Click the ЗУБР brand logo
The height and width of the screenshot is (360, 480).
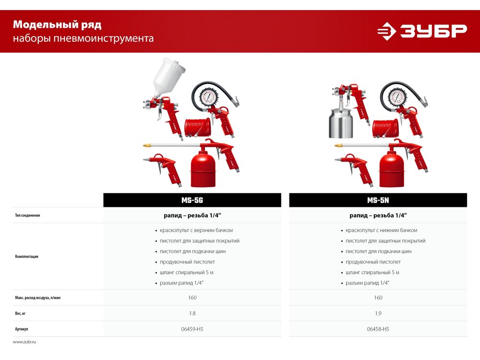[422, 31]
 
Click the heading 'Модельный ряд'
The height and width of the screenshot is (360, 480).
[57, 24]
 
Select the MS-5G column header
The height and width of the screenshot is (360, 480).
[192, 200]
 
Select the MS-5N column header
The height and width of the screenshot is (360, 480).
[378, 200]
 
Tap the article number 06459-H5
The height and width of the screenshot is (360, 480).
[192, 329]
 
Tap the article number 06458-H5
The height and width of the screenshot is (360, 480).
[378, 329]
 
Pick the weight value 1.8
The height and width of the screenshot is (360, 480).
[192, 313]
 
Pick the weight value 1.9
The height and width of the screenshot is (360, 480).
[378, 313]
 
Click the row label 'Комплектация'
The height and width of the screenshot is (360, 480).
[26, 256]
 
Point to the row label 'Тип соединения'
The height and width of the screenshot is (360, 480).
[27, 215]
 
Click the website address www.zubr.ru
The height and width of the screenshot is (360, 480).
[24, 342]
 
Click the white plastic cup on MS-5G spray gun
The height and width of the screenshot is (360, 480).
[168, 77]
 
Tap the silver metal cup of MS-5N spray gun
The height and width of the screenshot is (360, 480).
[340, 123]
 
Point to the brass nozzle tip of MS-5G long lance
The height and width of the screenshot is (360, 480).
[147, 145]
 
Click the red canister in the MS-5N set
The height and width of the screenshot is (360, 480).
[392, 169]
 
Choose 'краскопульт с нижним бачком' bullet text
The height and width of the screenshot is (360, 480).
[382, 230]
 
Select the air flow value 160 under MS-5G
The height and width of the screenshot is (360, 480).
[192, 298]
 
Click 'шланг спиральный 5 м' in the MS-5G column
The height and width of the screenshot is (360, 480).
[186, 273]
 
